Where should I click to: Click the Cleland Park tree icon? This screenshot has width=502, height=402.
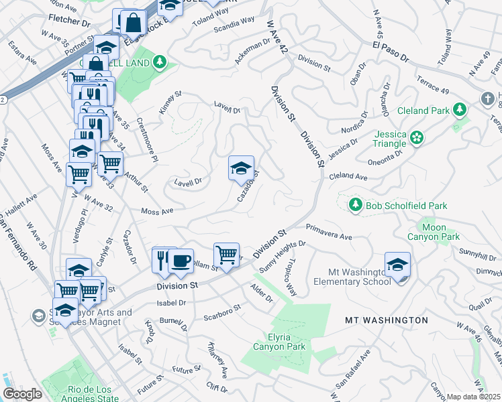pyautogui.click(x=460, y=109)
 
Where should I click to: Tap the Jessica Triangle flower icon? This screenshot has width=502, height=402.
pyautogui.click(x=417, y=138)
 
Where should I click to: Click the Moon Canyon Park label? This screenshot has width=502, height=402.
pyautogui.click(x=434, y=232)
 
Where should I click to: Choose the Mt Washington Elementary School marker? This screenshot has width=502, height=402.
pyautogui.click(x=397, y=266)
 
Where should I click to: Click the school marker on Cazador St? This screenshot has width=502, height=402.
pyautogui.click(x=241, y=168)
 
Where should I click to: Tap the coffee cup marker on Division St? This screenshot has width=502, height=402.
pyautogui.click(x=181, y=260)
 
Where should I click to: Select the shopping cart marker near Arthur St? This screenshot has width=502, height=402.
pyautogui.click(x=110, y=163)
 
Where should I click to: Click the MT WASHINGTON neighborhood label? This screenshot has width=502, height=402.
pyautogui.click(x=386, y=320)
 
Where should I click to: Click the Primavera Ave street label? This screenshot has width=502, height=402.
pyautogui.click(x=329, y=232)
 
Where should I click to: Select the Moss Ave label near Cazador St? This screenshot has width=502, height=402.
pyautogui.click(x=157, y=212)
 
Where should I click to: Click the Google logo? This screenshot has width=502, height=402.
pyautogui.click(x=22, y=394)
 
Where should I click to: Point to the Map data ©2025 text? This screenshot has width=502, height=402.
pyautogui.click(x=473, y=397)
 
